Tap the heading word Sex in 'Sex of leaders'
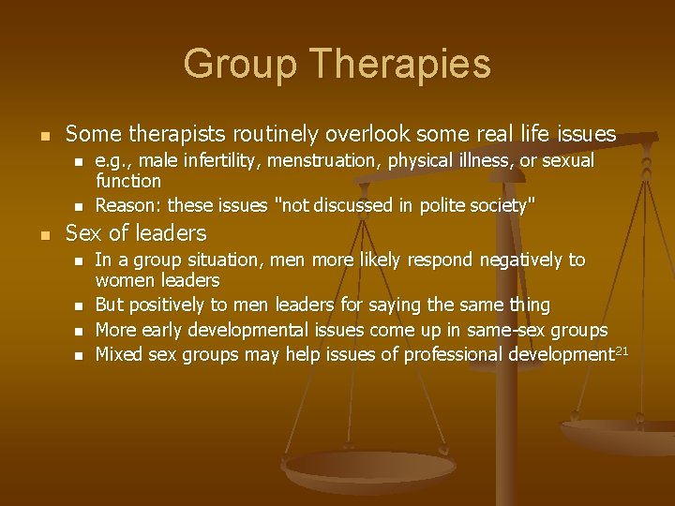82,232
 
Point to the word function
127,180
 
